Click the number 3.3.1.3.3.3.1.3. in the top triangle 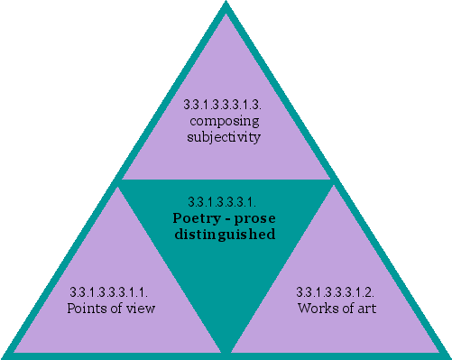226,105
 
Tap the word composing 226,121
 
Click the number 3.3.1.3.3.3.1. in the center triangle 224,201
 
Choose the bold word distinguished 224,235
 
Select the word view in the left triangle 141,309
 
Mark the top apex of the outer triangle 226,5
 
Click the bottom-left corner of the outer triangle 5,355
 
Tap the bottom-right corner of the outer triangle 447,355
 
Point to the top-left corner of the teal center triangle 120,181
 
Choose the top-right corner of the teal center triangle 331,181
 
